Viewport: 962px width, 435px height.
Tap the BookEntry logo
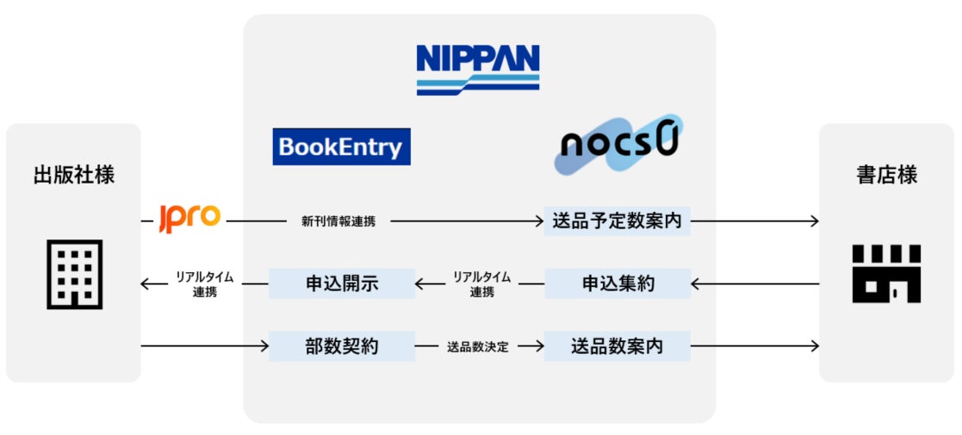341,146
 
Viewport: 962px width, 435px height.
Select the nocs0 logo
618,145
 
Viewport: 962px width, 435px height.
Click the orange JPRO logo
190,219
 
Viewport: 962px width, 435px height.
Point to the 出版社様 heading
73,176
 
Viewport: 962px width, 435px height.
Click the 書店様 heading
886,176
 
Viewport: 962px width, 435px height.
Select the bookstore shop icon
886,274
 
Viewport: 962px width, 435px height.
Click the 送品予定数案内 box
617,221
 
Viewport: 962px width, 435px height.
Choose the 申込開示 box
342,283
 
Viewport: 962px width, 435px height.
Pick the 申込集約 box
617,283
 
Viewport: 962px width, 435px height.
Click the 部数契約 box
342,347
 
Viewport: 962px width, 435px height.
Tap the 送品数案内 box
617,347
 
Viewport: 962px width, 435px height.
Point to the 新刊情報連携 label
338,222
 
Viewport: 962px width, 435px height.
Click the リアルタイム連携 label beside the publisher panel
204,284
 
